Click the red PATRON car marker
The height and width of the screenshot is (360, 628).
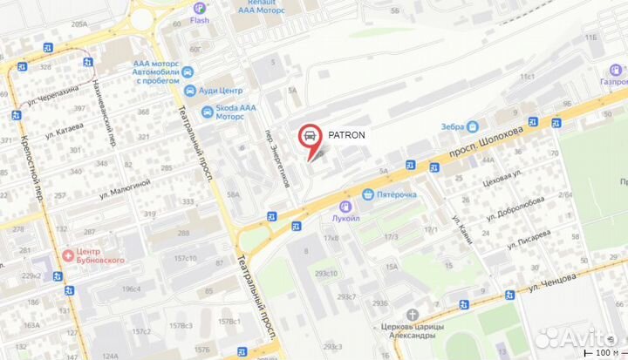pyautogui.click(x=308, y=135)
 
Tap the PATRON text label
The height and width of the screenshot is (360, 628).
pyautogui.click(x=346, y=134)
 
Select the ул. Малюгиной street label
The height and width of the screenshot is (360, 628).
pyautogui.click(x=121, y=186)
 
